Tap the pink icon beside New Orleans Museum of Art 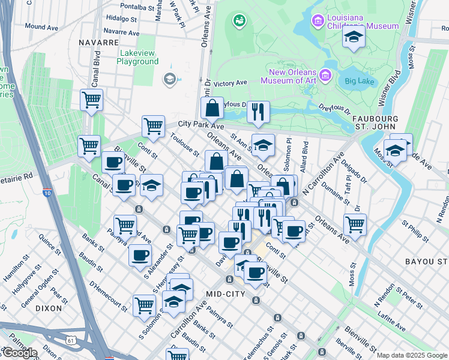[325, 76]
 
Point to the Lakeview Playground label [137, 57]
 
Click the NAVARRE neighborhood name [98, 43]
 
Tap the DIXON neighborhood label [49, 308]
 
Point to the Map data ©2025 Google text [412, 355]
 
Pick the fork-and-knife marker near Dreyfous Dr [258, 111]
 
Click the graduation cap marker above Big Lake [354, 37]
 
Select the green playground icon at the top [240, 21]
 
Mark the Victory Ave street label [231, 83]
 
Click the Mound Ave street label [41, 27]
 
